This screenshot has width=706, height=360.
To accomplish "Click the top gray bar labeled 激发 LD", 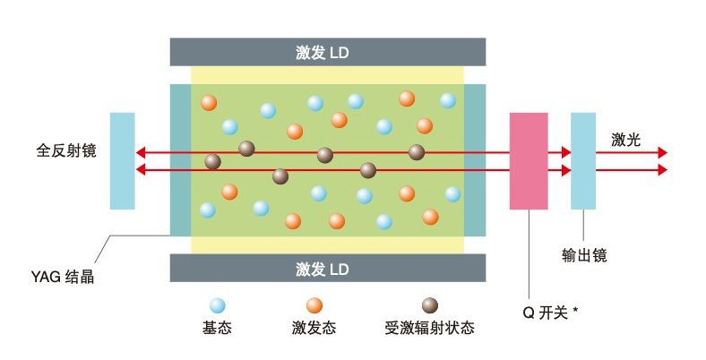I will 327,52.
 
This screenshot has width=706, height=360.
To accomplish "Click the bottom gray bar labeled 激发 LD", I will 327,268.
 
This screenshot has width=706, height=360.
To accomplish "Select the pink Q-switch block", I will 528,161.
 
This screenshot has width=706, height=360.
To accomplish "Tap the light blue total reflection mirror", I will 122,161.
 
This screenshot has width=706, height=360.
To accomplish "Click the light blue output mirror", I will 583,161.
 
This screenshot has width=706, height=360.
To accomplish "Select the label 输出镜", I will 584,255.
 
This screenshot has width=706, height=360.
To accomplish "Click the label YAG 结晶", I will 62,278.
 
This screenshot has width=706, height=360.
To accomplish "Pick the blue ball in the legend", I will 217,305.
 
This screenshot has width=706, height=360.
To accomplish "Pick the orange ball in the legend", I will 314,305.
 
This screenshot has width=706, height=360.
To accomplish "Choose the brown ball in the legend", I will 430,305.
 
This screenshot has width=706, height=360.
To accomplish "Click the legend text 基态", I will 217,329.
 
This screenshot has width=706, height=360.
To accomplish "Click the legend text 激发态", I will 314,329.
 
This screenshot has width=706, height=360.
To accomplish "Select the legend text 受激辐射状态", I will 431,329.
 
